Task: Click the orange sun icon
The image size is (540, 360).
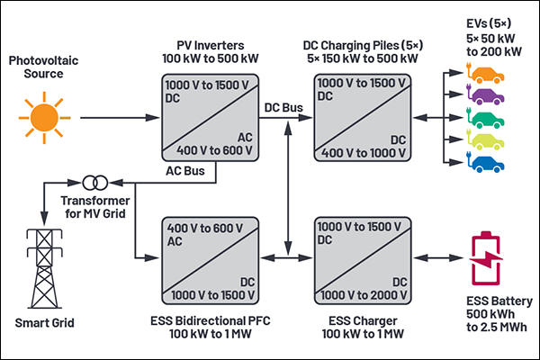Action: coord(44,118)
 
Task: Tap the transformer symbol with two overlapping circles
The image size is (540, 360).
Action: coord(95,183)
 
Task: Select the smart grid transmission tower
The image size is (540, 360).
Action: coord(44,269)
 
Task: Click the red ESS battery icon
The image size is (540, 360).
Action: coord(486,258)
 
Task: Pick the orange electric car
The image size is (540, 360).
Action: coord(486,73)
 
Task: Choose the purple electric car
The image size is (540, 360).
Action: coord(486,94)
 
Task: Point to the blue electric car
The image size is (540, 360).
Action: coord(486,162)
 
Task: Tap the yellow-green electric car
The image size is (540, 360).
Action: coord(486,139)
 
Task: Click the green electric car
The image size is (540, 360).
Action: coord(486,118)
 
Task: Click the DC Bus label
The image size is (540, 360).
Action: coord(283,108)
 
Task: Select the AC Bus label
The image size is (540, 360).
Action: coord(185,171)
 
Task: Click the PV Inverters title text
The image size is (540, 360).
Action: coord(211,46)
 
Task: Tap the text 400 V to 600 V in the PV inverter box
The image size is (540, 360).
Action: coord(214,150)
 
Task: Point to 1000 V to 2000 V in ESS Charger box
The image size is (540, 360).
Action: coord(364,295)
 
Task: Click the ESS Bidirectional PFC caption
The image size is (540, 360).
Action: coord(211,321)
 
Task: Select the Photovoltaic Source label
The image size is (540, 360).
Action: coord(44,67)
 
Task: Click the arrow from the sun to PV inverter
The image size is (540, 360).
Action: coord(120,118)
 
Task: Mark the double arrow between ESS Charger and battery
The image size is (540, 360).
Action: coord(438,257)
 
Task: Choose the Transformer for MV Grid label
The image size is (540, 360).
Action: coord(95,207)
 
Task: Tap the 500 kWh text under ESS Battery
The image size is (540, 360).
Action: coord(490,314)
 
